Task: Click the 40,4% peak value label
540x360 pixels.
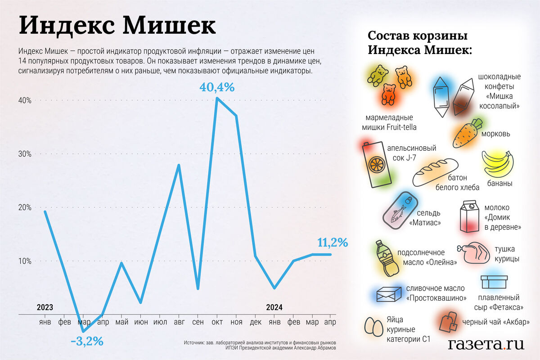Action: coord(216,87)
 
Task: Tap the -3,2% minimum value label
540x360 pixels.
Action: coord(87,342)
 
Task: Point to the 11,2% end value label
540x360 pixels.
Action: coord(333,243)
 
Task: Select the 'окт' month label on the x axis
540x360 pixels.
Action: coord(217,323)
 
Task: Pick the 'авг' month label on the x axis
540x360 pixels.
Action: coord(179,323)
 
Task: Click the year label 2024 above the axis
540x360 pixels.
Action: coord(274,308)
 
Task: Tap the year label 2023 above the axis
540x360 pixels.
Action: coord(45,308)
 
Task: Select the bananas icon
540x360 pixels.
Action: coord(498,165)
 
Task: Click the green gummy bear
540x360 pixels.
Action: coord(377,75)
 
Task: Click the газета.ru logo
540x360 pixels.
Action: coord(486,344)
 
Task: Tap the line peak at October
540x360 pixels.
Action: coord(217,98)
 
